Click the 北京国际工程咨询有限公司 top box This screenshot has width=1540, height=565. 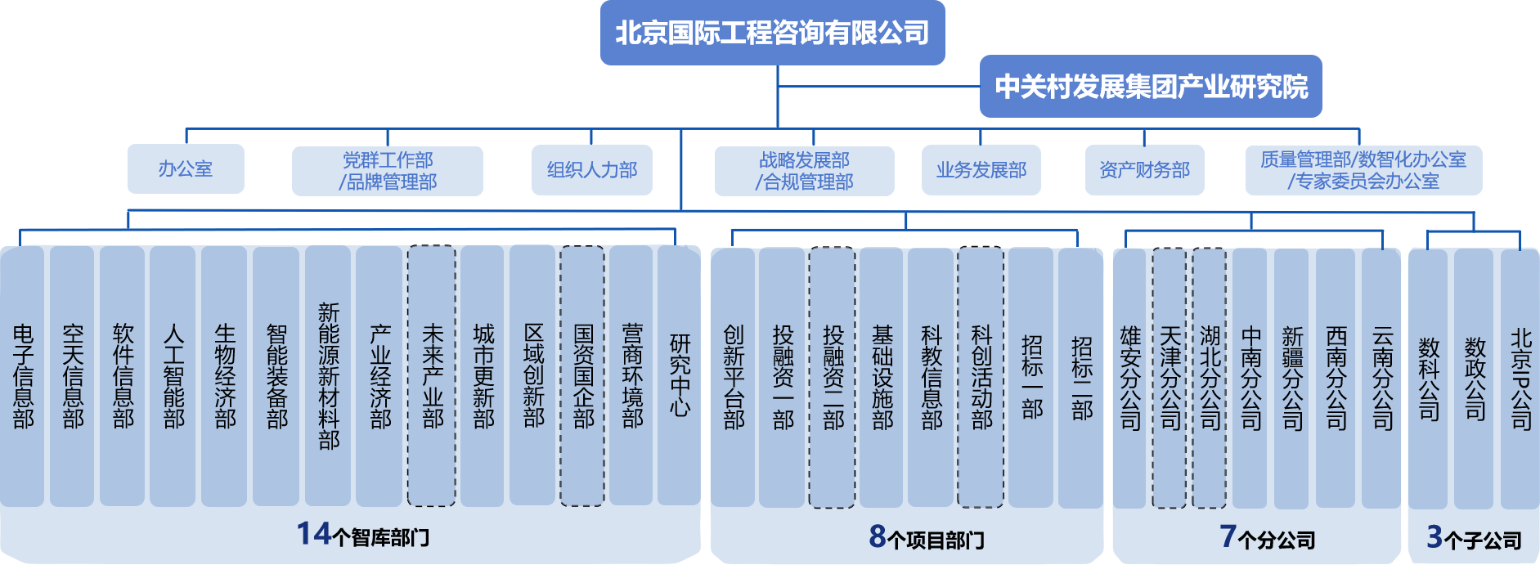tap(772, 33)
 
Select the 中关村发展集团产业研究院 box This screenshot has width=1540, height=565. tap(1151, 87)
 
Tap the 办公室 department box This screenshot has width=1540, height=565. tap(186, 169)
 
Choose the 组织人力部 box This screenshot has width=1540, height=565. tap(591, 170)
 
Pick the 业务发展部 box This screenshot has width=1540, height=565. tap(981, 170)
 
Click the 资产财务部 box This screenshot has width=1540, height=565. tap(1144, 170)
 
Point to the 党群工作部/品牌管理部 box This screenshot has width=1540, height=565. tap(388, 170)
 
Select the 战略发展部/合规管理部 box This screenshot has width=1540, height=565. tap(804, 170)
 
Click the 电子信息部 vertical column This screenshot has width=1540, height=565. tap(23, 376)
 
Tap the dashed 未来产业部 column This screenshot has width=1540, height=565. tap(432, 376)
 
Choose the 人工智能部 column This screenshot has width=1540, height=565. tap(173, 376)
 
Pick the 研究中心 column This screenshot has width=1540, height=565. tap(680, 376)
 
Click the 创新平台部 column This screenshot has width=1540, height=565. tap(734, 376)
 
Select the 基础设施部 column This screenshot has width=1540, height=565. tap(882, 376)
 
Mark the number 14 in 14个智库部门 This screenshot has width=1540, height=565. tap(313, 534)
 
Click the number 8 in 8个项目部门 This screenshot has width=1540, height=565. tap(877, 536)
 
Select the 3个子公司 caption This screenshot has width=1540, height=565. tap(1474, 538)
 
